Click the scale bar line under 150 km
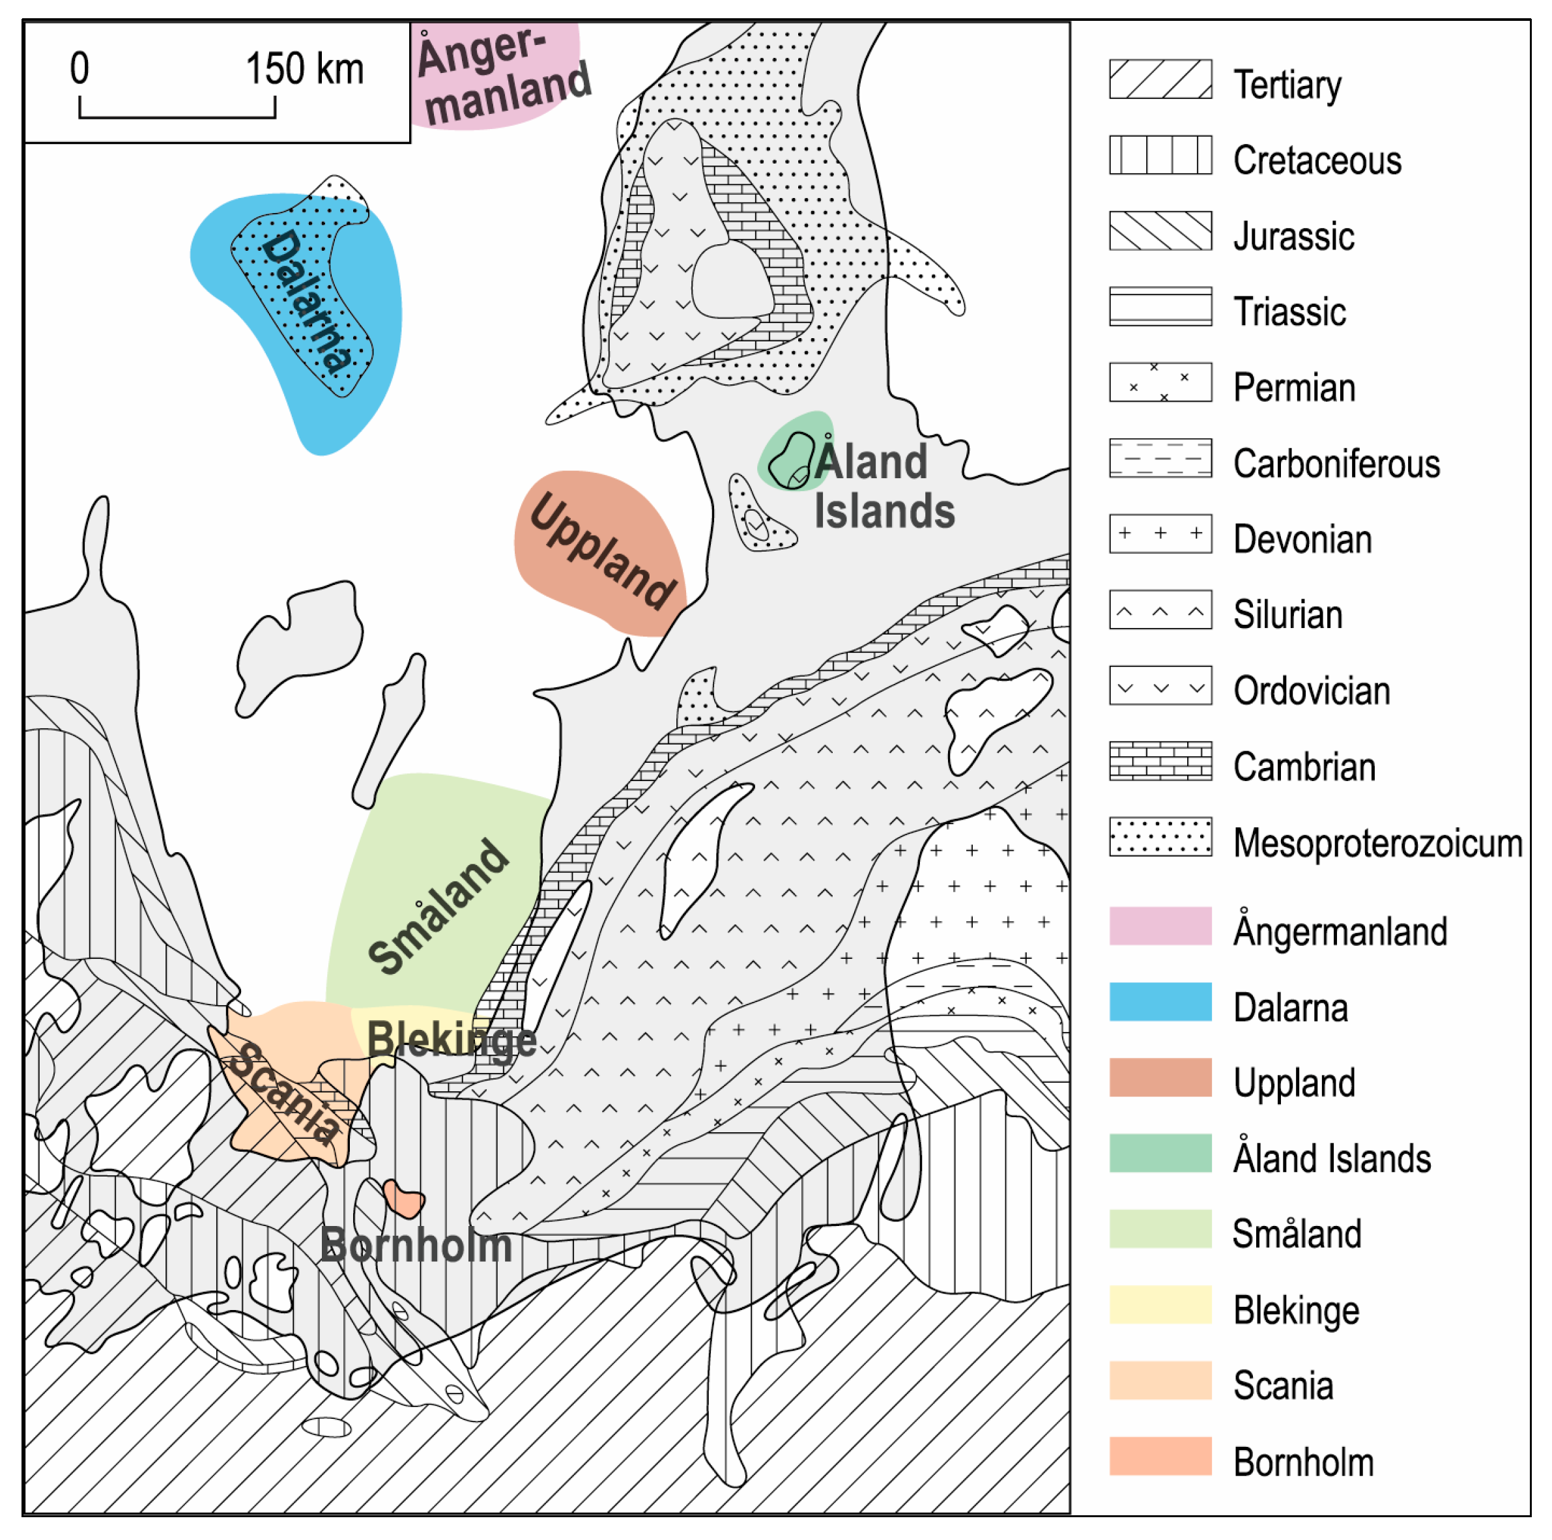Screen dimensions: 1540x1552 [x=177, y=117]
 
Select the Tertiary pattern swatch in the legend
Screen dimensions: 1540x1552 [x=1160, y=79]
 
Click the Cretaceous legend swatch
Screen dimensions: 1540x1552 [x=1160, y=155]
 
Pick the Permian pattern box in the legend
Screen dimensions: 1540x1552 [x=1160, y=382]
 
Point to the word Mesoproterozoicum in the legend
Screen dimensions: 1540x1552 [x=1377, y=844]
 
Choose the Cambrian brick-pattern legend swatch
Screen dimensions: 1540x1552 [x=1160, y=761]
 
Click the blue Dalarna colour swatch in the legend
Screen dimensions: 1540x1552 [x=1160, y=1002]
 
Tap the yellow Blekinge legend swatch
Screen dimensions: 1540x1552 [x=1160, y=1305]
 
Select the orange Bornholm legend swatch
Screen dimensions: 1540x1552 [x=1160, y=1457]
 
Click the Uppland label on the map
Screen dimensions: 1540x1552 [x=603, y=551]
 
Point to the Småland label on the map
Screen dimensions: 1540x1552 [x=438, y=907]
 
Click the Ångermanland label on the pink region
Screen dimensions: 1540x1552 [x=502, y=76]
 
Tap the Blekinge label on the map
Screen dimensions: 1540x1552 [x=452, y=1040]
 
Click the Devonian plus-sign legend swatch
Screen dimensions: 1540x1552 [x=1160, y=534]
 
